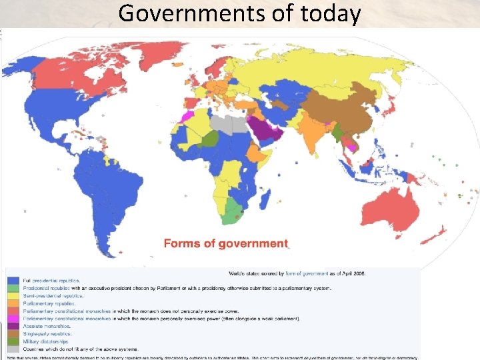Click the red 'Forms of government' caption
pos(226,244)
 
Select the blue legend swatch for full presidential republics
pos(13,281)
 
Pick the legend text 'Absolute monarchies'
pos(47,326)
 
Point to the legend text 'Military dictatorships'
pos(47,341)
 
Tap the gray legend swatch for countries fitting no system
pos(13,349)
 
